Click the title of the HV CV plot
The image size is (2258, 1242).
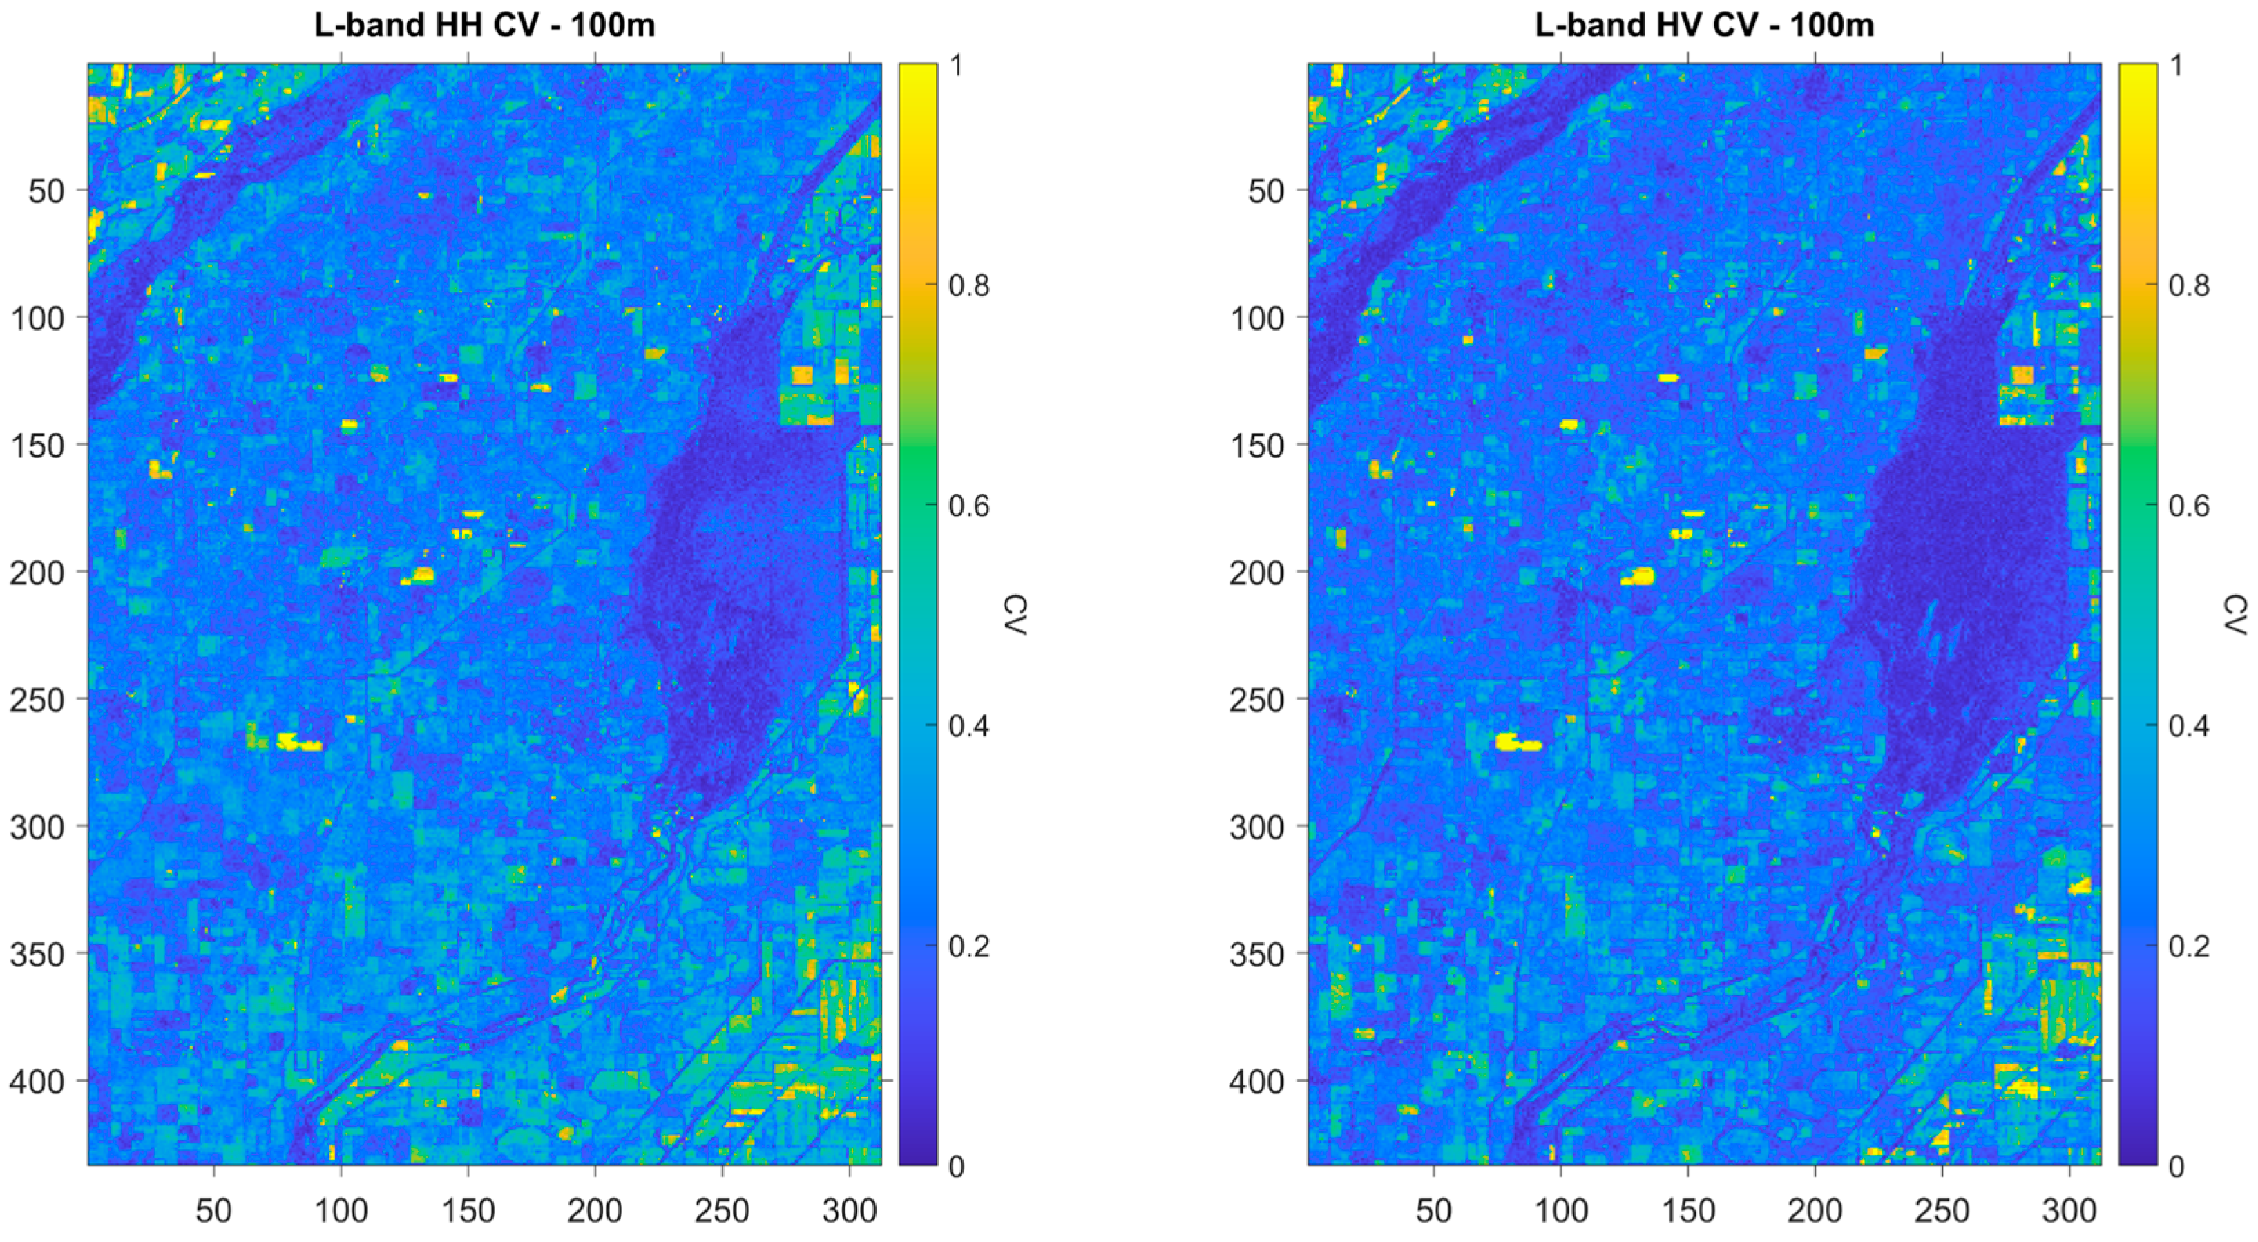pos(1704,26)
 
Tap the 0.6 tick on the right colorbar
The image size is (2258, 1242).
pos(2190,506)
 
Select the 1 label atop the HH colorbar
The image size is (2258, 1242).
pos(957,65)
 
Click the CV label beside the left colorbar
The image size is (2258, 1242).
pos(1016,614)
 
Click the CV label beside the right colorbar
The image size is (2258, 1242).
pos(2236,614)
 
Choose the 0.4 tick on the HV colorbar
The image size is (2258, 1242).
pos(2190,726)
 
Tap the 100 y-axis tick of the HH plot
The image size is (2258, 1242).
pos(36,317)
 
